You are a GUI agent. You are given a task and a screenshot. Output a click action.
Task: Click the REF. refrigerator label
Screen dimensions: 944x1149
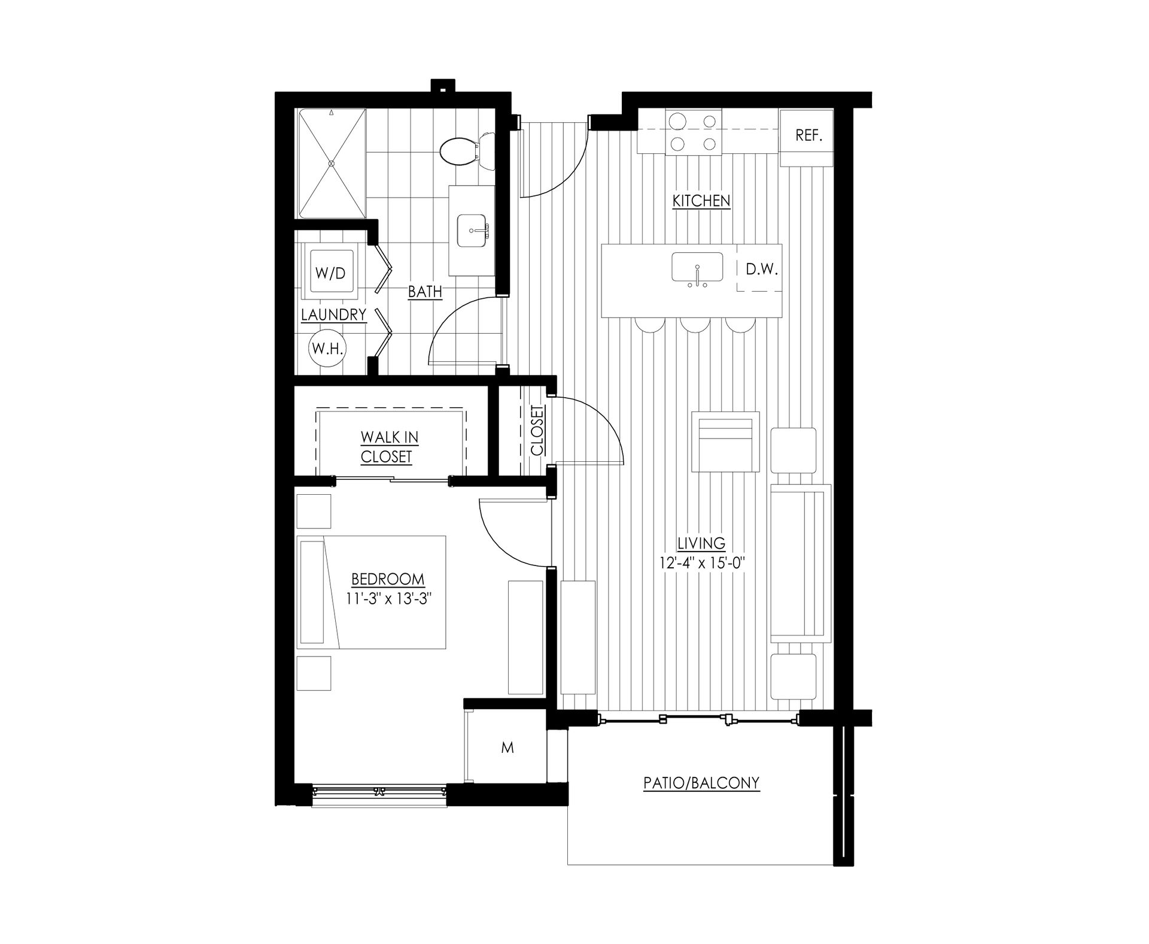coord(808,136)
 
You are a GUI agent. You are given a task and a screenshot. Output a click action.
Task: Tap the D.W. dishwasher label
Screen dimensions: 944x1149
coord(761,270)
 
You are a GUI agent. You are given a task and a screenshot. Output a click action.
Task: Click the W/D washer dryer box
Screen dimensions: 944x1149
coord(330,274)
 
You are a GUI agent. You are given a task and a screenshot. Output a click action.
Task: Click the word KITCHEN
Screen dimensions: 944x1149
coord(701,201)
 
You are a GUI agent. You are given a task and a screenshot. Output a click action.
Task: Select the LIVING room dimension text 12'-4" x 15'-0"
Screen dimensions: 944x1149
coord(701,563)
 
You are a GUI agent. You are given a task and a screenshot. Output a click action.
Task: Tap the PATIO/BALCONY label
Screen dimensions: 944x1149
coord(701,782)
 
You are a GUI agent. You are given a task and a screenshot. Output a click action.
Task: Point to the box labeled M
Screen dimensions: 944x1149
coord(507,748)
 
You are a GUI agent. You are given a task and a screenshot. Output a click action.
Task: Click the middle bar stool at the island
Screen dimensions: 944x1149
coord(694,323)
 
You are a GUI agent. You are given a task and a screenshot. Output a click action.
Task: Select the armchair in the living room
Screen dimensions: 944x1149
coord(725,442)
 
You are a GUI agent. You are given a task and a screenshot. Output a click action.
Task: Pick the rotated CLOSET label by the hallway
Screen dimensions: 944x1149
coord(537,431)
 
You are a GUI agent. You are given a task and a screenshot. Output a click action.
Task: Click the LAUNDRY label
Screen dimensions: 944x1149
coord(333,314)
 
